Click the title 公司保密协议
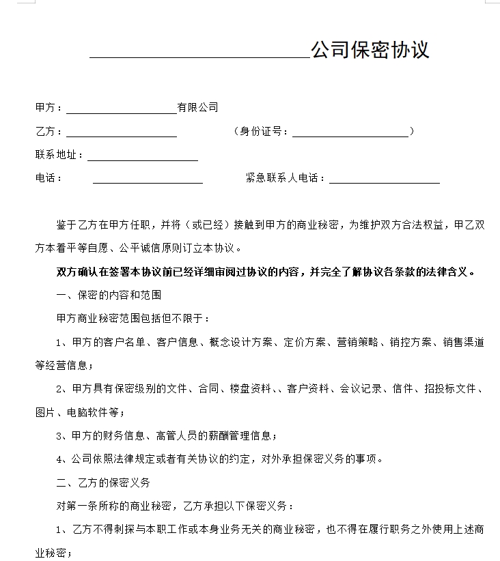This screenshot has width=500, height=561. [x=370, y=50]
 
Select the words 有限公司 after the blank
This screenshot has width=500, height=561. [x=197, y=107]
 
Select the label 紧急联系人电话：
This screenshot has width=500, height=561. [x=286, y=178]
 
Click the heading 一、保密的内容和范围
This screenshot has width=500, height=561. [x=109, y=295]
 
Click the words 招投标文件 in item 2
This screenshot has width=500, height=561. [x=449, y=389]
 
